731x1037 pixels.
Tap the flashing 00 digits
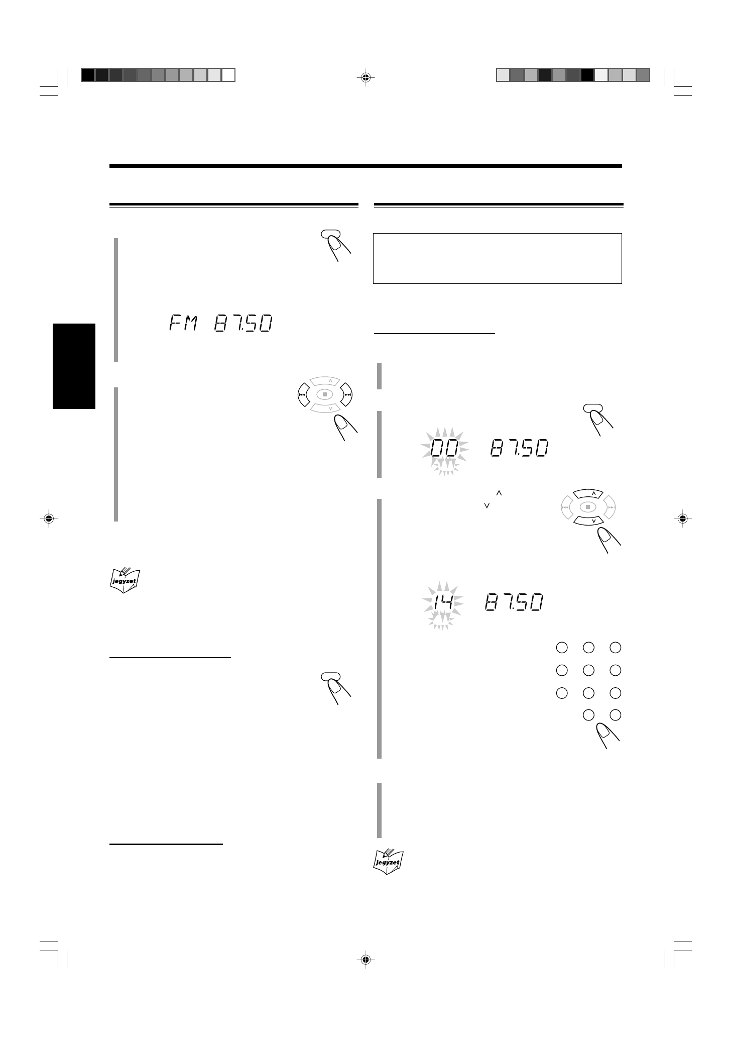(444, 448)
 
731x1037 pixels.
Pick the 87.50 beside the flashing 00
(519, 448)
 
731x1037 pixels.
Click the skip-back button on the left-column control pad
(303, 394)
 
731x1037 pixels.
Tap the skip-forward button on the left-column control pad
(347, 394)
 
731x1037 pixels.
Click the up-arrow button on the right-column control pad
(594, 494)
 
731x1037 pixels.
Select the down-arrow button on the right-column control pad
(594, 522)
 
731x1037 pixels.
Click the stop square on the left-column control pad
(325, 394)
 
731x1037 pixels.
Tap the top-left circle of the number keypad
(561, 648)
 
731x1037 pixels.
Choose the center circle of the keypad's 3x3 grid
(588, 670)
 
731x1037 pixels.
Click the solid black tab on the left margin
(74, 366)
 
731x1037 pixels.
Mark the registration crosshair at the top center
(365, 77)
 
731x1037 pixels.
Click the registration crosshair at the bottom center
(365, 960)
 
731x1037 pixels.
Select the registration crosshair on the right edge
(682, 518)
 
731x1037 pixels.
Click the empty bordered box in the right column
(498, 258)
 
